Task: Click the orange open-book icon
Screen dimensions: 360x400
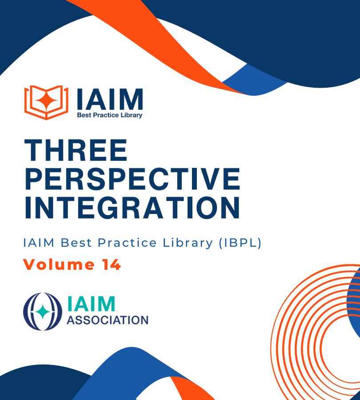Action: coord(46,102)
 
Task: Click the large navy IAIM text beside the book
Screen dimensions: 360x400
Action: coord(110,99)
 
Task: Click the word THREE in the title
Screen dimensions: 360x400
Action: coord(76,150)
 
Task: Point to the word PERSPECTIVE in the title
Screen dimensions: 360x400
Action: coord(132,179)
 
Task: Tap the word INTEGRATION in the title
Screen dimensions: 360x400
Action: coord(132,208)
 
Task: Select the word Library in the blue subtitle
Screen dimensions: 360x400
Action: coord(188,243)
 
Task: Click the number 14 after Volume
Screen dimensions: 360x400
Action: coord(112,264)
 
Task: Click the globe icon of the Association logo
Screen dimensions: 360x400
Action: coord(43,311)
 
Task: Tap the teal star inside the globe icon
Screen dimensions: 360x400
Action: coord(43,311)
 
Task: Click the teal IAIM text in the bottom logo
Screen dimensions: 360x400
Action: coord(91,303)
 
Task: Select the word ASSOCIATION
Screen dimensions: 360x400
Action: coord(107,320)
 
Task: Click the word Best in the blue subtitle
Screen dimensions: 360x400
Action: coord(76,243)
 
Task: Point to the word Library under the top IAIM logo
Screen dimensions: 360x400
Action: coord(132,115)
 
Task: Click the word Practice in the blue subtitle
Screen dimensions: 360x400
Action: coord(127,243)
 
